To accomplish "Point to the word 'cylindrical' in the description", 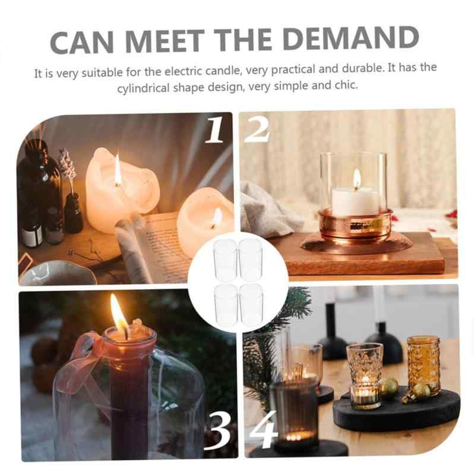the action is click(x=143, y=88).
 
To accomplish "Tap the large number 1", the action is click(x=214, y=130).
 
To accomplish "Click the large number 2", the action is click(x=256, y=129).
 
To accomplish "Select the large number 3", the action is click(x=217, y=430).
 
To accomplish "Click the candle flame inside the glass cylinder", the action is click(x=357, y=177).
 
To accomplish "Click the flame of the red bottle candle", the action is click(x=119, y=315).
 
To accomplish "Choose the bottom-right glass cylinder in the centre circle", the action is click(x=251, y=304).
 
